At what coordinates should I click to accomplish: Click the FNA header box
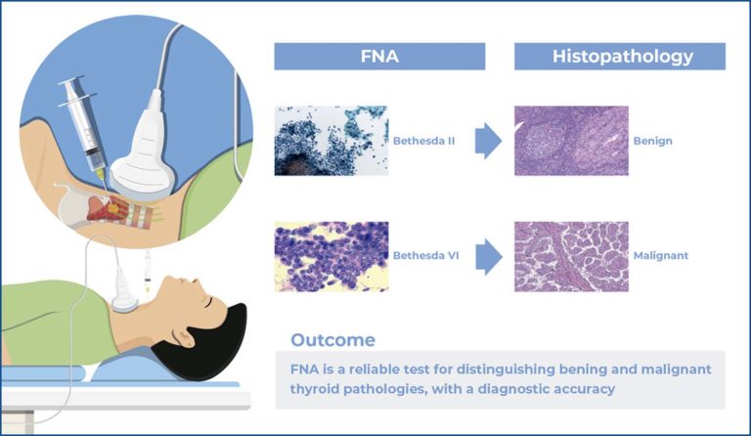tap(380, 57)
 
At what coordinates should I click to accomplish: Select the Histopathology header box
tap(620, 57)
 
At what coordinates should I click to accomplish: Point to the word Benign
tap(652, 141)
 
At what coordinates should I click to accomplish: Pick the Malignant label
tap(660, 255)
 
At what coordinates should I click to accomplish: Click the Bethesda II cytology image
tap(331, 141)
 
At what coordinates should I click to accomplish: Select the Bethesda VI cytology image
tap(331, 256)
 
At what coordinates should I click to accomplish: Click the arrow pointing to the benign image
tap(489, 142)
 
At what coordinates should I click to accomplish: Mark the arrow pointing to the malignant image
tap(489, 257)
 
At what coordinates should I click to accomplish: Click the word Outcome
tap(332, 340)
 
